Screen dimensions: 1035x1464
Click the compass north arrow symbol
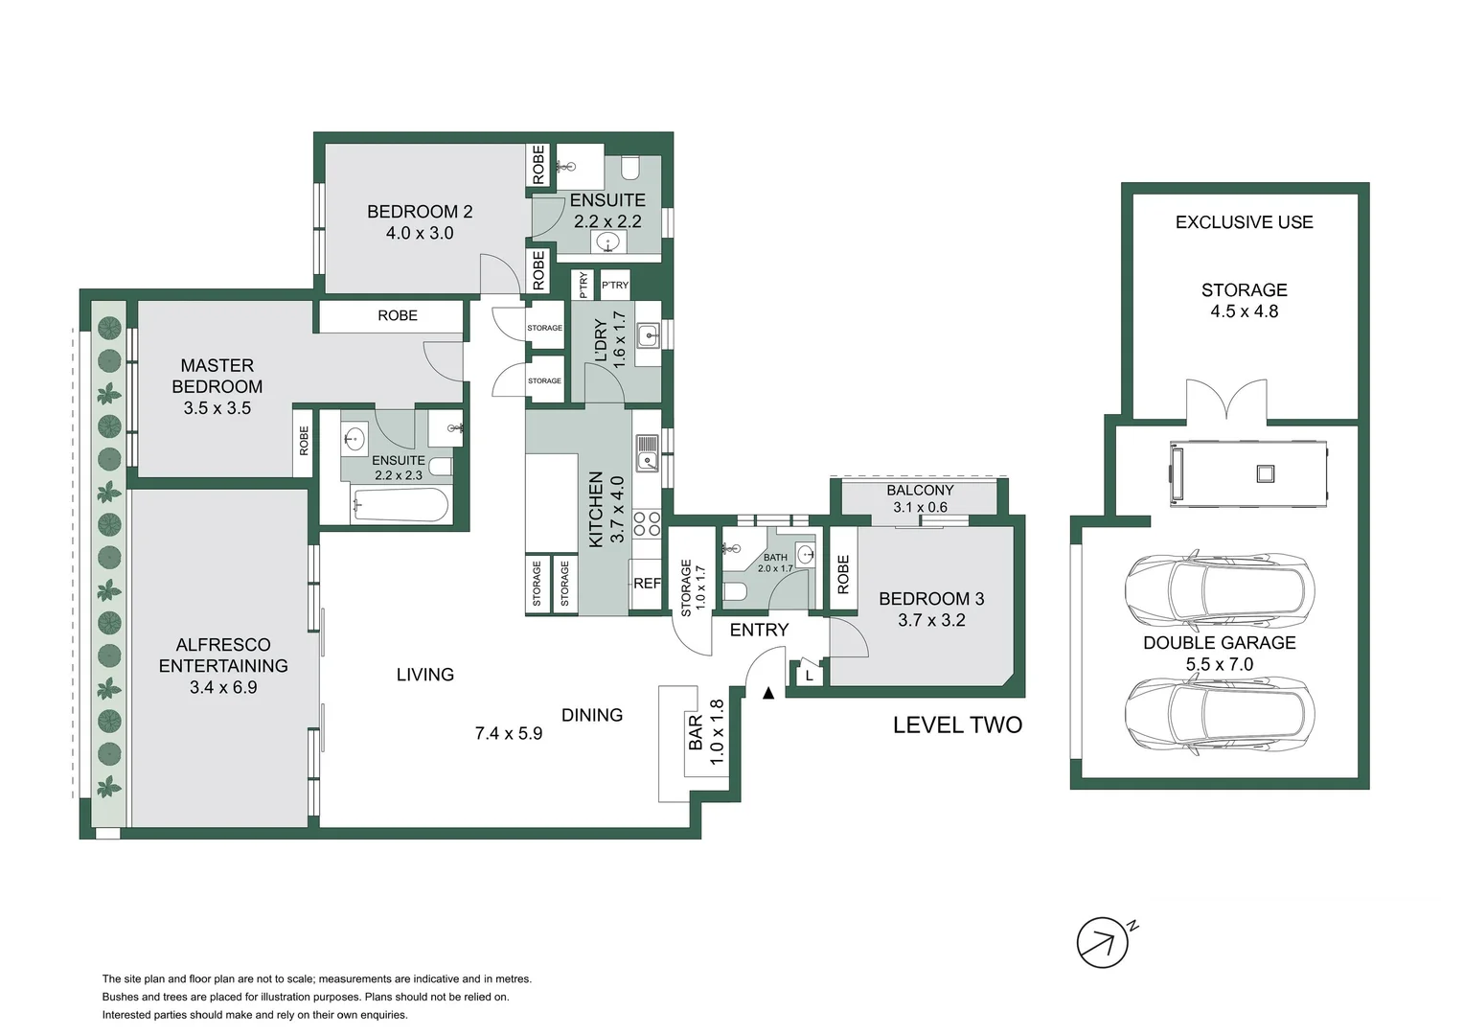[1103, 943]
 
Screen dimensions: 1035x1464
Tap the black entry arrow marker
[767, 693]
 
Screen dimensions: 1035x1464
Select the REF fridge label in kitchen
[647, 583]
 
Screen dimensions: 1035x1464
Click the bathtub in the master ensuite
[400, 505]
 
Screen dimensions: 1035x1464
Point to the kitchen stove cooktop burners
[647, 523]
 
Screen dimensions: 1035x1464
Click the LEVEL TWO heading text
[957, 725]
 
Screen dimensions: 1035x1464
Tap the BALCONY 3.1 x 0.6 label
[920, 498]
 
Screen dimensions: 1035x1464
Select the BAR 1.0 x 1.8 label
[706, 732]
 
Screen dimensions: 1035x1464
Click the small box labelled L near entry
[809, 676]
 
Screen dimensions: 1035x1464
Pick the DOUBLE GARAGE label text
[1219, 643]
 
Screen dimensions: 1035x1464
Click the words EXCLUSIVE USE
[1244, 222]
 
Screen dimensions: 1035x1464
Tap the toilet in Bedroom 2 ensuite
[630, 169]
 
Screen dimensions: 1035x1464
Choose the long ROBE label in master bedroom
[397, 315]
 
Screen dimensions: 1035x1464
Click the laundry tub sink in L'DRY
[649, 335]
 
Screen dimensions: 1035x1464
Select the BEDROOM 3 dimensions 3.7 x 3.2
[931, 620]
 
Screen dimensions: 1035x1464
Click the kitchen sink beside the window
[648, 452]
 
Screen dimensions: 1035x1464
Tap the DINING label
[591, 715]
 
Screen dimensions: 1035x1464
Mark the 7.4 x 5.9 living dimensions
[509, 733]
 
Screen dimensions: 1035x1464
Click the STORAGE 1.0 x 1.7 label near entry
[693, 586]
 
